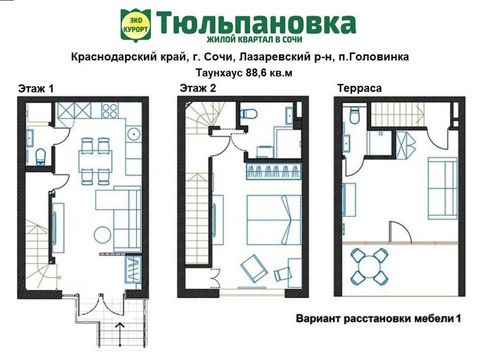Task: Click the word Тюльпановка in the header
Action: tap(255, 22)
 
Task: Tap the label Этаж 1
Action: tap(36, 89)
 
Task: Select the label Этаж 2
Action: tap(198, 88)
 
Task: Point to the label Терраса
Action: tap(359, 88)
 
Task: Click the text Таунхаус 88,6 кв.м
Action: tap(240, 73)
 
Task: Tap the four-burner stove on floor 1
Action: tap(110, 111)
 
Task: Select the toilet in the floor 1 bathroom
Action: tap(41, 156)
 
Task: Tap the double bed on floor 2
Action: tap(274, 219)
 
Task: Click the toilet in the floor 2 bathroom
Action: tap(248, 114)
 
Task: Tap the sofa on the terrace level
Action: tap(442, 188)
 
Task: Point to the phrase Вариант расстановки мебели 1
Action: tap(378, 319)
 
